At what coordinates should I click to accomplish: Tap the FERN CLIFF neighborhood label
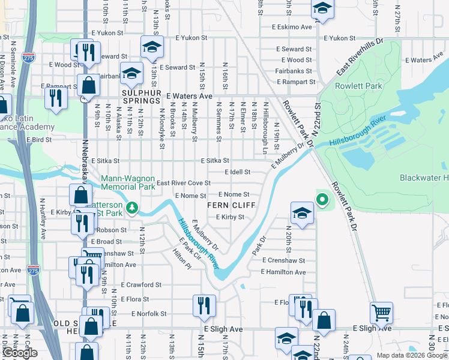(231, 205)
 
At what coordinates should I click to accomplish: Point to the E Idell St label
(237, 172)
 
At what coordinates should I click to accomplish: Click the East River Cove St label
(183, 182)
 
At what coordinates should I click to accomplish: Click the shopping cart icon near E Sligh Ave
(381, 313)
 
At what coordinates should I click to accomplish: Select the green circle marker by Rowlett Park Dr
(322, 200)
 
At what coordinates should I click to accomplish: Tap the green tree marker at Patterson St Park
(130, 209)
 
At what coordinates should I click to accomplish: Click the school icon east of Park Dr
(301, 212)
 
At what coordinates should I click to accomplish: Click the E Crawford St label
(141, 285)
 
